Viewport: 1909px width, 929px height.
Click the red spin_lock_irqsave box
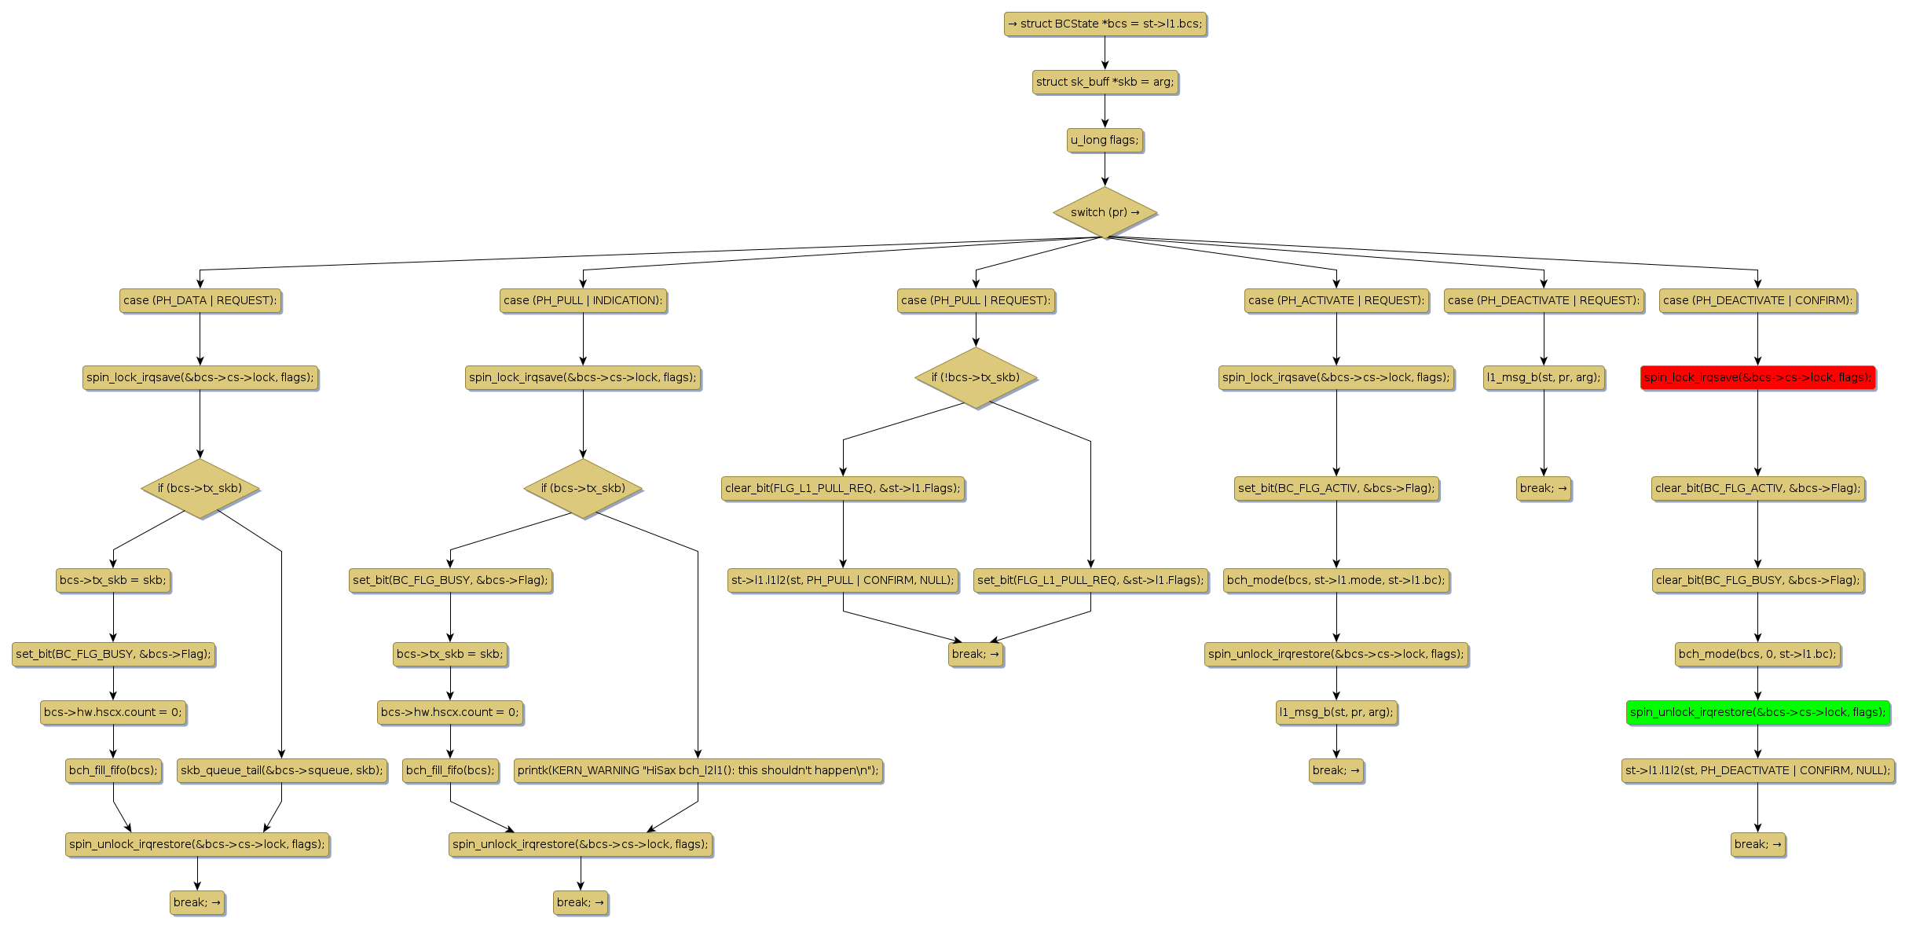1757,377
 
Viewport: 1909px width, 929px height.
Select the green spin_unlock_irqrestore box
1757,712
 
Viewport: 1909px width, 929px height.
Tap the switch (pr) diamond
1105,212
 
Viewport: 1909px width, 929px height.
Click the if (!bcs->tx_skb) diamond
976,377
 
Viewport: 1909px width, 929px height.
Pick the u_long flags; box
1105,140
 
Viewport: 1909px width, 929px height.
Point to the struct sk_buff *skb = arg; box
1105,82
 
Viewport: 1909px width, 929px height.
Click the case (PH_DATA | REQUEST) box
200,300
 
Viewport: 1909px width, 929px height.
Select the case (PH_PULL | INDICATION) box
583,300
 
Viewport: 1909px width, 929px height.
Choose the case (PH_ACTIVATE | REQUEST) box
1336,300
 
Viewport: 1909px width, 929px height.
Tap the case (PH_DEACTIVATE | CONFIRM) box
1757,300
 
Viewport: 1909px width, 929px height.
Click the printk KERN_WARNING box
698,770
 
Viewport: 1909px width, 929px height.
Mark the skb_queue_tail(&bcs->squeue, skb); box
282,770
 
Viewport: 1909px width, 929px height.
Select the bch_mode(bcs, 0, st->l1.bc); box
1757,654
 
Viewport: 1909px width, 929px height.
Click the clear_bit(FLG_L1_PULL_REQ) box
843,488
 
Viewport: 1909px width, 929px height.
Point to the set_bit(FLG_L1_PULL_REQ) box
1090,580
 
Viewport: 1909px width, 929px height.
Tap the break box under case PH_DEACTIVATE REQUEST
1544,488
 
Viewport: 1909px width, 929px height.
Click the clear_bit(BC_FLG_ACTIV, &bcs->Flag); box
1757,488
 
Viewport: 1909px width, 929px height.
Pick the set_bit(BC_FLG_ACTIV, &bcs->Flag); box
1336,488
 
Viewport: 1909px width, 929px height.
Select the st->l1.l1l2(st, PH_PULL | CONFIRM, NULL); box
843,580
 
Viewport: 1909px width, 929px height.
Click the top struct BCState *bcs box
1105,24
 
